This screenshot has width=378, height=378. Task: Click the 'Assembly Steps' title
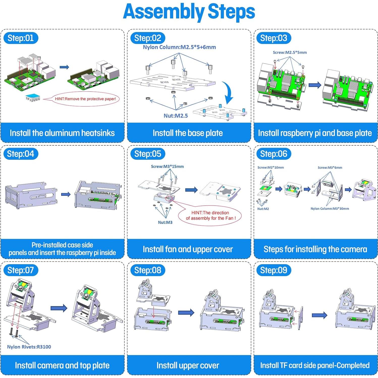[x=189, y=12]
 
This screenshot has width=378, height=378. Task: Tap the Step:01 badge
[x=21, y=38]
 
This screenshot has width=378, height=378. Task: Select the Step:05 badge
[x=148, y=154]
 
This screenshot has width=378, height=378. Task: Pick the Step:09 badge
[x=274, y=270]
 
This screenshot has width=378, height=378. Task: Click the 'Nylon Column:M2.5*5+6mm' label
[x=179, y=47]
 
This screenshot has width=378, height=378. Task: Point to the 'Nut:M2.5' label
[x=176, y=116]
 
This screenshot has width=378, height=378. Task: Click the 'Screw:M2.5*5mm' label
[x=290, y=52]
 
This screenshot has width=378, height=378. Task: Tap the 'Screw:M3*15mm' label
[x=167, y=167]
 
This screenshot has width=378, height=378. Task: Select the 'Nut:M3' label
[x=165, y=222]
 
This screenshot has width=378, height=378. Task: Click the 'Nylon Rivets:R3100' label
[x=29, y=347]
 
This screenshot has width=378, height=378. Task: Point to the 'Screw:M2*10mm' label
[x=271, y=168]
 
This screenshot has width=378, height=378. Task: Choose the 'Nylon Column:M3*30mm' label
[x=330, y=209]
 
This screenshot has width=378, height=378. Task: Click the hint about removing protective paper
[x=85, y=99]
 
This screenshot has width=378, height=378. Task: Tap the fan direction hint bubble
[x=210, y=215]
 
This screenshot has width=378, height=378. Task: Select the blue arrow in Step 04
[x=66, y=194]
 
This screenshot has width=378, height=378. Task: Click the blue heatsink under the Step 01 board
[x=33, y=98]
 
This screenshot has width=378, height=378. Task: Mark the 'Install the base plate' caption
[x=188, y=133]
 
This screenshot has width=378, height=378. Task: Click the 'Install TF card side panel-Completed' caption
[x=315, y=365]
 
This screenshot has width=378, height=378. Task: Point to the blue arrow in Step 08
[x=186, y=313]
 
